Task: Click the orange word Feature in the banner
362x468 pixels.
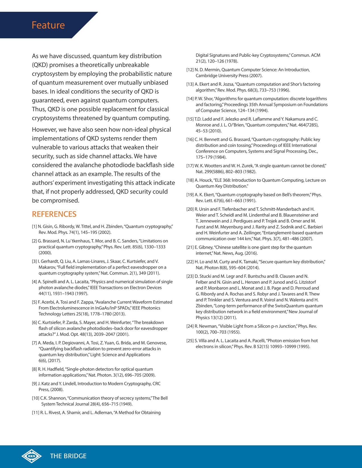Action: coord(48,25)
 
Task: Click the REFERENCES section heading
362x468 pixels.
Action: coord(54,214)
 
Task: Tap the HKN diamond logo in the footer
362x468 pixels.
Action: coord(31,456)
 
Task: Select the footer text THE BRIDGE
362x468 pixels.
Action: coord(68,456)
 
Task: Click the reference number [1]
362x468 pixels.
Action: coord(34,226)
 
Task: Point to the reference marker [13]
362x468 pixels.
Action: coord(190,84)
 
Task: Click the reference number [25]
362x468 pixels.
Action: coord(190,341)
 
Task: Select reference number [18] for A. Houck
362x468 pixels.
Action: coord(190,180)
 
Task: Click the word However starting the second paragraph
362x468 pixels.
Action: coord(44,130)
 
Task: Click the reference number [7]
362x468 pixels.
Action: coord(34,343)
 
